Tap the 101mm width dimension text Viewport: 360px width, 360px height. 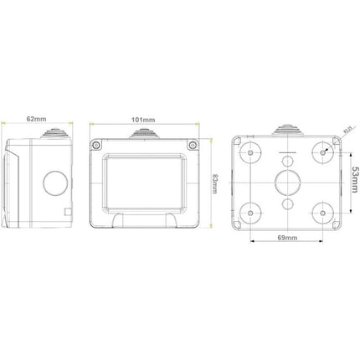coord(147,121)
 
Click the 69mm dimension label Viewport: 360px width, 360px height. coord(286,238)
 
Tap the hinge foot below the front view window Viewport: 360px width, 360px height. coord(147,219)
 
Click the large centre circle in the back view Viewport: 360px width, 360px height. coord(286,181)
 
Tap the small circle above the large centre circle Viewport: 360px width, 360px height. coord(286,160)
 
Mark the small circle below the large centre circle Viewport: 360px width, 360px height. coord(286,203)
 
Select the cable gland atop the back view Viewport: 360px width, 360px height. coord(286,130)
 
